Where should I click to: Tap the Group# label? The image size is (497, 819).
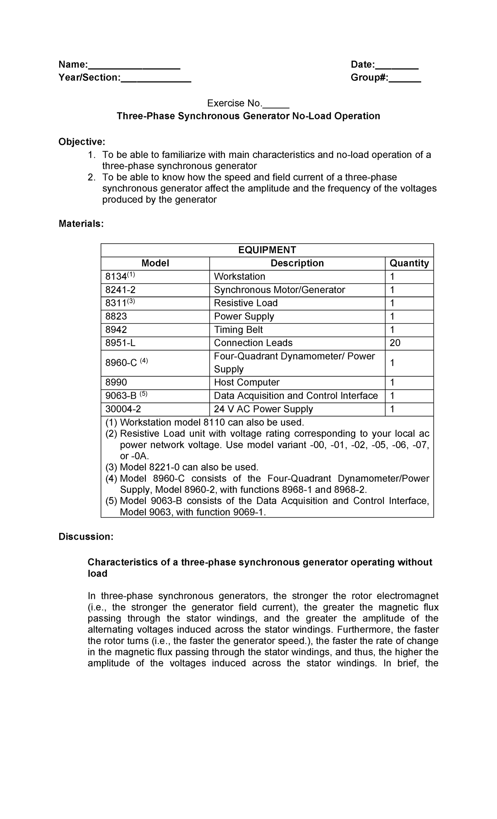369,78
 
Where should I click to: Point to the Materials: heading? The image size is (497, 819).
81,224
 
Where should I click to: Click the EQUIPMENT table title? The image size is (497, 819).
267,250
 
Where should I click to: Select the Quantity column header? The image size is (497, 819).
409,263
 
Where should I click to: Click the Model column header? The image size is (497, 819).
155,263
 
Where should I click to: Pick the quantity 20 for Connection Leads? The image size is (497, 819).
395,343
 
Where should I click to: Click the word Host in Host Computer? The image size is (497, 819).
224,382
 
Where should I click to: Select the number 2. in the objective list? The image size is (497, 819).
92,177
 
